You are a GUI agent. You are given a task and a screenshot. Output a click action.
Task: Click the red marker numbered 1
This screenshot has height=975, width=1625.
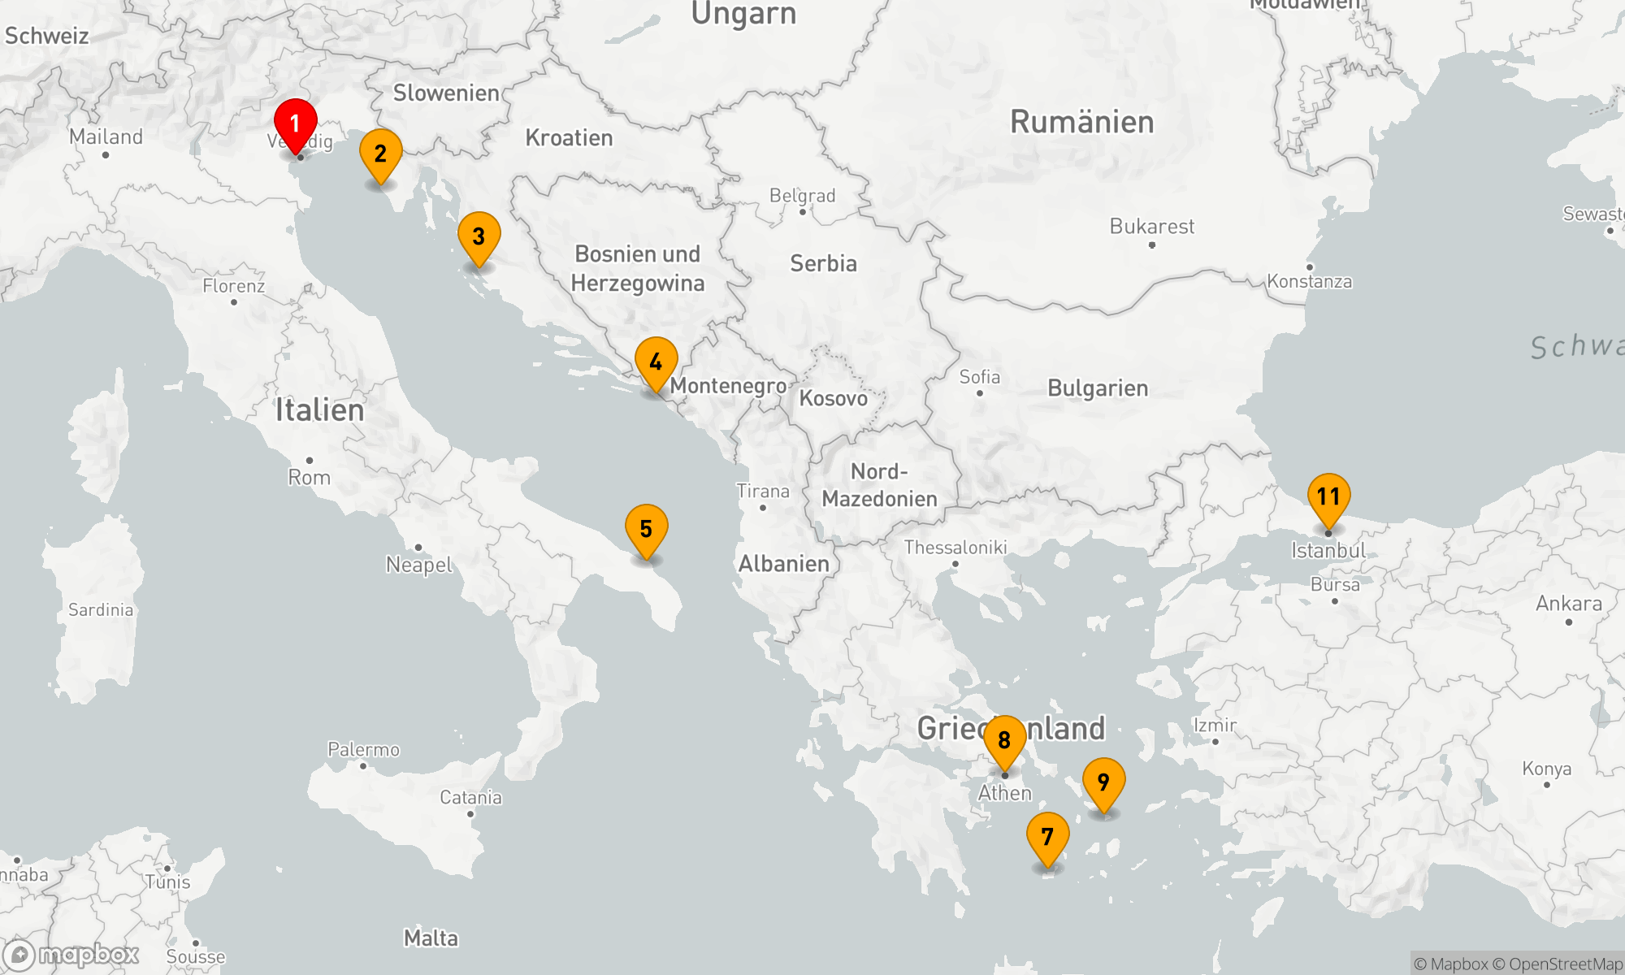pos(295,124)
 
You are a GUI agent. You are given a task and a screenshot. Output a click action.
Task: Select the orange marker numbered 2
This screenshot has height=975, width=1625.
pos(380,154)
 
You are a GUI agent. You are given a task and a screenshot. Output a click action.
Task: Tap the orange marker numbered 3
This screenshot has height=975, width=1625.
pos(479,237)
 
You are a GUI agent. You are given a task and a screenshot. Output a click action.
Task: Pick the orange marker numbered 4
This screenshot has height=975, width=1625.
pos(656,362)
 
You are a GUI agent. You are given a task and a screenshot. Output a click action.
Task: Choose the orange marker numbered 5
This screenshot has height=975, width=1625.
pos(646,529)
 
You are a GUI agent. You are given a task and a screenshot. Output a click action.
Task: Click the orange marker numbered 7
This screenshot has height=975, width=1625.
pos(1047,837)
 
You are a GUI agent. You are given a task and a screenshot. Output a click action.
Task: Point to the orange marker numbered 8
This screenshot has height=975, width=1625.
pos(1004,740)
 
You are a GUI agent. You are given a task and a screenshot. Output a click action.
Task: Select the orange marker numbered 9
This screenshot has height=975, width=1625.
pos(1103,782)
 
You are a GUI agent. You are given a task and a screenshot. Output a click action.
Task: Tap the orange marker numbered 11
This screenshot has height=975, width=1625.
pos(1328,497)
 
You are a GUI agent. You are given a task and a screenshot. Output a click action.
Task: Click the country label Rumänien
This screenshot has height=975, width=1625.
pos(1081,122)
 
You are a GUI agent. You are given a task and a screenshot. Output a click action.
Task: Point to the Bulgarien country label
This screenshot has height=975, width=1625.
pos(1098,388)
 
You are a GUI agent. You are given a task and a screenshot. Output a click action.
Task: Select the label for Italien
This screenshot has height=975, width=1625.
pos(319,410)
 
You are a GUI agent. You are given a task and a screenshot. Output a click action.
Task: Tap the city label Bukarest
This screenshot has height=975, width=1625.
pos(1151,227)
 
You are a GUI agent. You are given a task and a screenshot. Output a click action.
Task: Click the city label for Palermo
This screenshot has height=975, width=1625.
pos(363,749)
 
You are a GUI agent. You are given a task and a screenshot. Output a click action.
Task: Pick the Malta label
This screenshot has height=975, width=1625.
pos(431,938)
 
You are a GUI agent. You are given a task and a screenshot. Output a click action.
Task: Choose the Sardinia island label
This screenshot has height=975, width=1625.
pos(101,610)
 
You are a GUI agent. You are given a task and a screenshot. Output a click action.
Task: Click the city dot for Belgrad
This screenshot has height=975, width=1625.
pos(803,212)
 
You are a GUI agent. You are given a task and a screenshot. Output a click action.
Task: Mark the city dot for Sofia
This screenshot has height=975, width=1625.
pos(980,393)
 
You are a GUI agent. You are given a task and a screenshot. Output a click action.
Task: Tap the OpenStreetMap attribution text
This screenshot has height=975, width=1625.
pos(1565,964)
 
